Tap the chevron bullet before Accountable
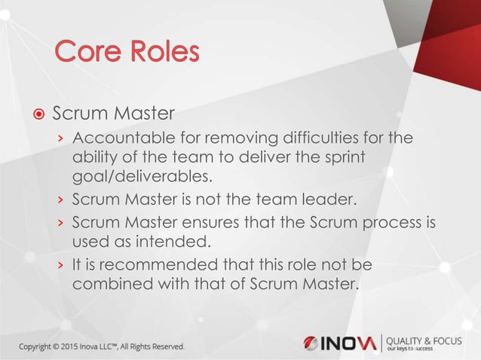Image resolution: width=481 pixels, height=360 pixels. coord(61,140)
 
